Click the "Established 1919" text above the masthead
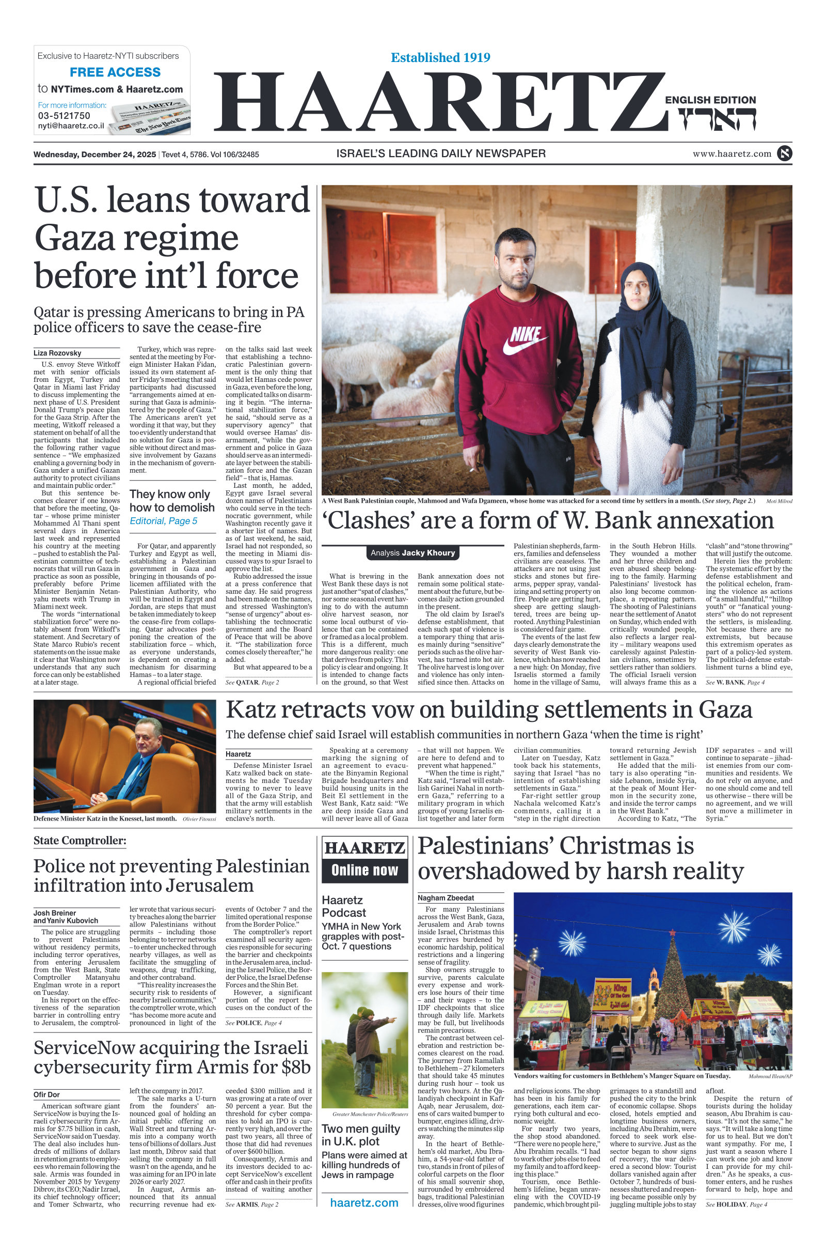(440, 57)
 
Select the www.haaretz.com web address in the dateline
(732, 154)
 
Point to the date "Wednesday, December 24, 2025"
(95, 155)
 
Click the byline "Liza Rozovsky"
(57, 353)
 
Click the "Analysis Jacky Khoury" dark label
(412, 552)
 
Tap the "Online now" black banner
(364, 870)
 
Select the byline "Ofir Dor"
(47, 1094)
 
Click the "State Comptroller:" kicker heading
(80, 840)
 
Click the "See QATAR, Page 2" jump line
(252, 682)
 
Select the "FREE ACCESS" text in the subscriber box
(115, 72)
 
